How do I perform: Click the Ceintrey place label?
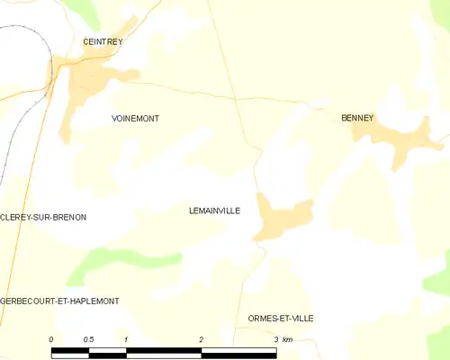(102, 41)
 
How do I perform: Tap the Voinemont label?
(135, 118)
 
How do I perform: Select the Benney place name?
(357, 118)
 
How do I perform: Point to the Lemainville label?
(214, 210)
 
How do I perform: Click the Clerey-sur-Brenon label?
(43, 218)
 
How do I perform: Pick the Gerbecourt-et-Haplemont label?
(59, 301)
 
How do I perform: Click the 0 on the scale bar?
(52, 339)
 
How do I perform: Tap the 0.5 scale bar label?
(87, 339)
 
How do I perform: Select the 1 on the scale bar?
(127, 339)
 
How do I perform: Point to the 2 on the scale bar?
(202, 339)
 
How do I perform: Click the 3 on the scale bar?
(275, 339)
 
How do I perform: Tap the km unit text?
(288, 339)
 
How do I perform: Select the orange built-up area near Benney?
(396, 137)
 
